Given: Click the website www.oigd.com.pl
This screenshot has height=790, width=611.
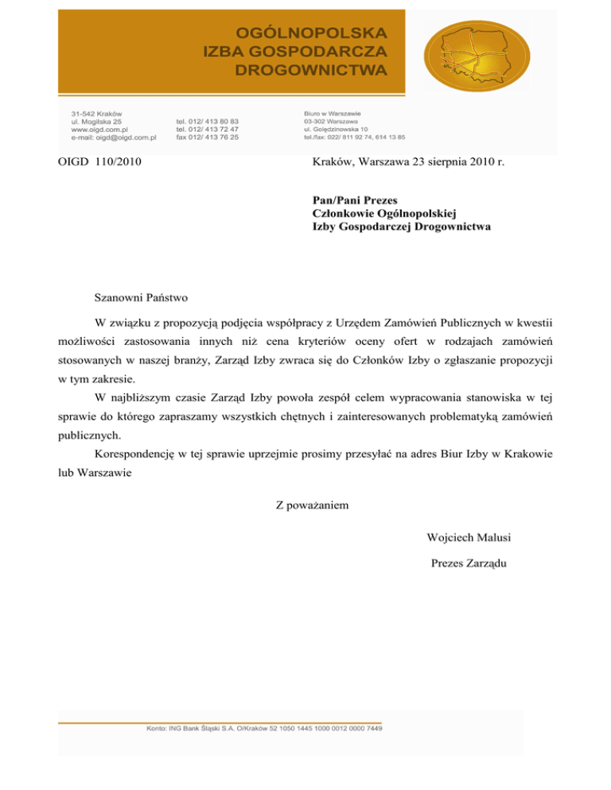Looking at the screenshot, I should click(x=100, y=130).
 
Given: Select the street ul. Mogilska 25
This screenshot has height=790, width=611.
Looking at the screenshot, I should click(x=96, y=122).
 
